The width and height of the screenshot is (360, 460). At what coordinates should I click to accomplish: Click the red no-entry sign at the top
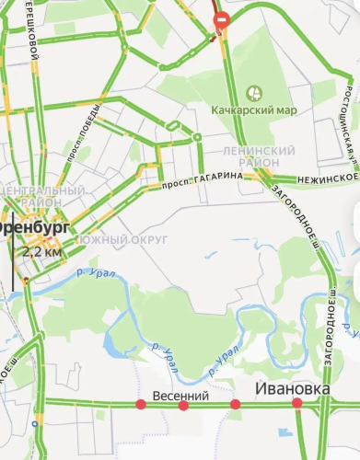[221, 20]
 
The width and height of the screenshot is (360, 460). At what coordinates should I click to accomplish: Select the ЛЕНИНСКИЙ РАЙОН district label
[260, 155]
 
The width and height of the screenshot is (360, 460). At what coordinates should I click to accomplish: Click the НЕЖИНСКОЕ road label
[328, 176]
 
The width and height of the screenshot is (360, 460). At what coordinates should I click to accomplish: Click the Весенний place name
[180, 394]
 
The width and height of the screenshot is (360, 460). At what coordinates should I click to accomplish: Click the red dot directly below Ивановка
[296, 404]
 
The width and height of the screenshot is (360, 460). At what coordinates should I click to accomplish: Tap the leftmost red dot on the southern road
[141, 405]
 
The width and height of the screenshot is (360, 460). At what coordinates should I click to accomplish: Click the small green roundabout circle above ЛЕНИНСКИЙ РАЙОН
[197, 138]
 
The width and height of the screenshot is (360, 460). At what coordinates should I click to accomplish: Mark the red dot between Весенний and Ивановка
[236, 405]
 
